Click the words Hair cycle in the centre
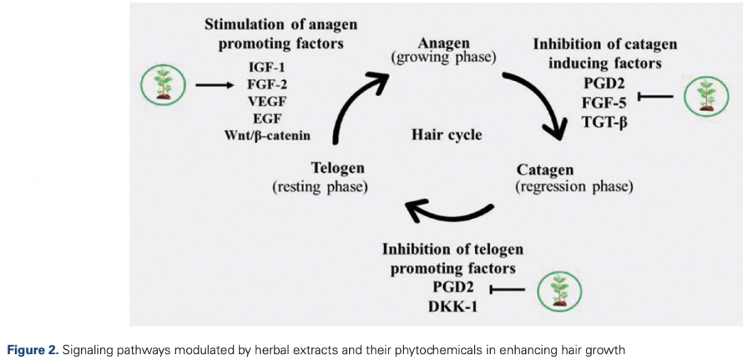click(447, 135)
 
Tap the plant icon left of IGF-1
click(161, 85)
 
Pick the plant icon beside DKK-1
click(558, 291)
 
